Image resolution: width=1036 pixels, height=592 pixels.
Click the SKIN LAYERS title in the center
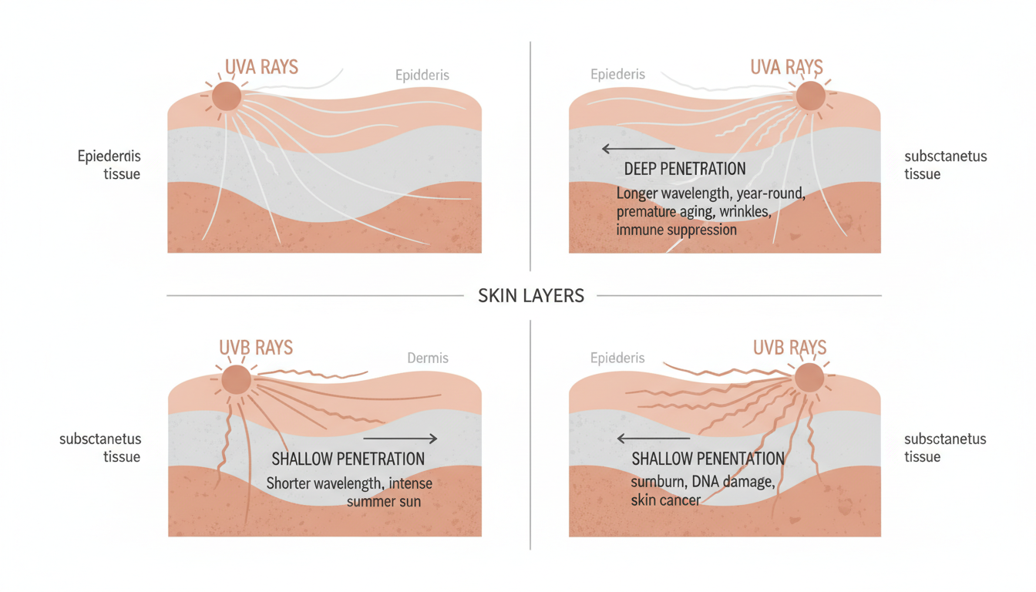[x=530, y=295]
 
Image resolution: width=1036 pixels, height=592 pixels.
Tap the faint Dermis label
[x=427, y=358]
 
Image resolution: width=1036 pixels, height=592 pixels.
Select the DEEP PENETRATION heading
[x=684, y=169]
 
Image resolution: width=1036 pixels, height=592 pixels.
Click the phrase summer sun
[x=383, y=502]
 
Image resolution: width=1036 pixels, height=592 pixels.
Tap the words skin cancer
[x=666, y=501]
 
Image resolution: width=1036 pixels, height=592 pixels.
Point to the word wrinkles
[x=757, y=211]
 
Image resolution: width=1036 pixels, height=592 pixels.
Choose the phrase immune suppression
[x=676, y=230]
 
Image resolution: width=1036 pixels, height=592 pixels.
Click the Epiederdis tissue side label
[x=109, y=165]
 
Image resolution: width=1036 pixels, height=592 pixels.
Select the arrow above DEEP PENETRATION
[x=637, y=149]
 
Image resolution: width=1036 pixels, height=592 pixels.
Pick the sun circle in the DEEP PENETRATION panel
[x=809, y=96]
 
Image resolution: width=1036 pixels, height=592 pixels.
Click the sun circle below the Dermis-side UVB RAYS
[x=236, y=379]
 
